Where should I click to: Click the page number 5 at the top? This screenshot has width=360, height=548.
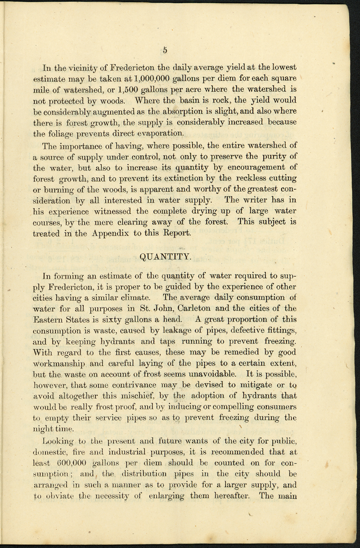tap(165, 50)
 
